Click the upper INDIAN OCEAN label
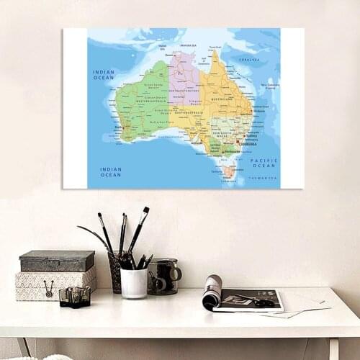[104, 74]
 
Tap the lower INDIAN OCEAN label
[111, 172]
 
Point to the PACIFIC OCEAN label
[264, 163]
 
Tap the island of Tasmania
[229, 171]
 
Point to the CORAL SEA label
[249, 60]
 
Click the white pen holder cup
[134, 282]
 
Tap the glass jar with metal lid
[163, 276]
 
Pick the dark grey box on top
[57, 261]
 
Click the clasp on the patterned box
[49, 289]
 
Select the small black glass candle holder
[74, 297]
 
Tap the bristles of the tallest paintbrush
[145, 214]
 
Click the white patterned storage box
[55, 284]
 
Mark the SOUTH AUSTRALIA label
[189, 113]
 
